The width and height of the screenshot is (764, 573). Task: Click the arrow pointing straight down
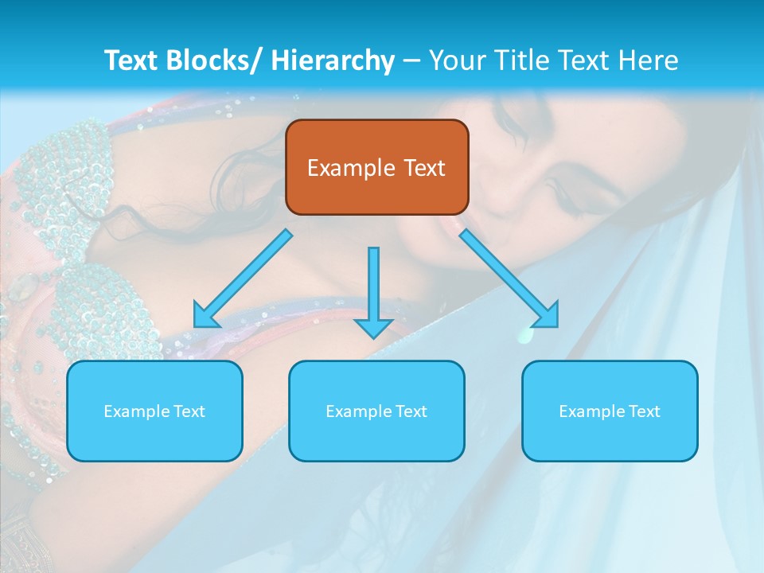[x=373, y=286]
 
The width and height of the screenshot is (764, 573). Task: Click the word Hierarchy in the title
[x=333, y=60]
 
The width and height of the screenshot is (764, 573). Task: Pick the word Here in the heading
[x=649, y=60]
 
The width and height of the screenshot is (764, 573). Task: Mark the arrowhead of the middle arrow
[x=373, y=327]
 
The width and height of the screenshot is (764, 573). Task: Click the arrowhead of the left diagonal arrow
[x=205, y=316]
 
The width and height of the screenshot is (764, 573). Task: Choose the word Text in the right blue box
[x=644, y=411]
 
